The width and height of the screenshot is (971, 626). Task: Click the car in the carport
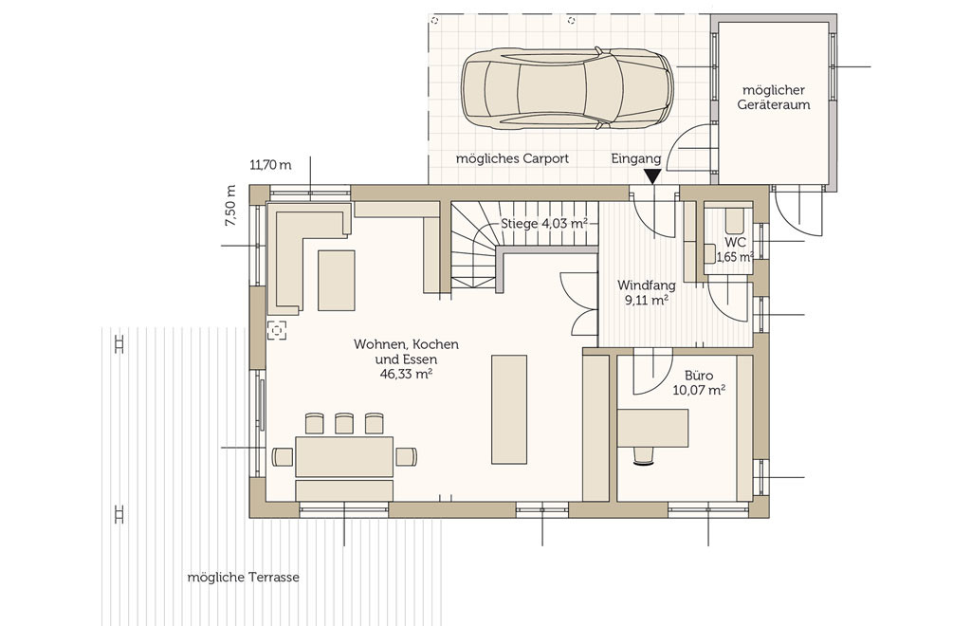click(x=567, y=88)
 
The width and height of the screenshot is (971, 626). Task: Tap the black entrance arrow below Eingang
click(x=652, y=177)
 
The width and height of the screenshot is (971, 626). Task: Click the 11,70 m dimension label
click(x=270, y=165)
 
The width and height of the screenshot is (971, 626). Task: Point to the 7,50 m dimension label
click(x=230, y=206)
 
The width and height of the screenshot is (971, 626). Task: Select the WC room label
click(x=735, y=242)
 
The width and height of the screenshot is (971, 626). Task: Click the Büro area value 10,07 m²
click(x=699, y=390)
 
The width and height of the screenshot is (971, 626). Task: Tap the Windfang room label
click(x=646, y=285)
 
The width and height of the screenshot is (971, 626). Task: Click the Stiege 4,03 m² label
click(x=543, y=224)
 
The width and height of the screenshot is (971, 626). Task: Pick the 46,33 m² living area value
click(x=406, y=374)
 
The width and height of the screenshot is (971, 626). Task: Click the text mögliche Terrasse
click(x=244, y=577)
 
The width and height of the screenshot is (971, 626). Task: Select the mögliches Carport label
click(x=512, y=158)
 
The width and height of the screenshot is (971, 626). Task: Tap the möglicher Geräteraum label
click(x=774, y=97)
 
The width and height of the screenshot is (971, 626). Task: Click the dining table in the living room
click(x=344, y=457)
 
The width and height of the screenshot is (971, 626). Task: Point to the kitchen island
click(x=509, y=410)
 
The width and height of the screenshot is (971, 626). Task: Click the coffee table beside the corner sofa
click(x=337, y=281)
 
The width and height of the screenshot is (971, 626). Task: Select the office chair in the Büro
click(x=645, y=455)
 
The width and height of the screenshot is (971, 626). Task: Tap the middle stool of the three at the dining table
click(x=344, y=424)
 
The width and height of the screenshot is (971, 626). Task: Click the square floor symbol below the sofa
click(x=277, y=330)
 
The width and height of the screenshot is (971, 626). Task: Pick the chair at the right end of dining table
click(x=406, y=456)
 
